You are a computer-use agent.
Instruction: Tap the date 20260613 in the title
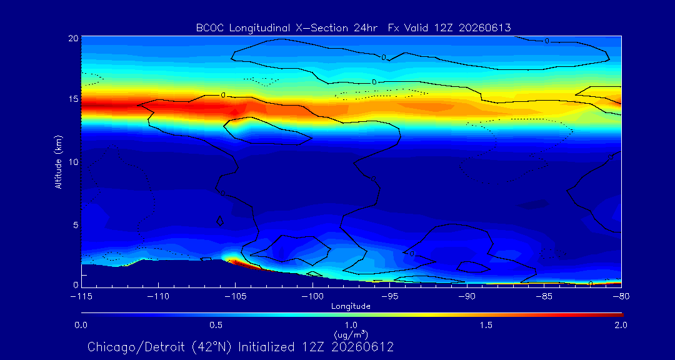coord(485,28)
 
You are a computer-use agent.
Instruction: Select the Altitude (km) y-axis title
coord(59,162)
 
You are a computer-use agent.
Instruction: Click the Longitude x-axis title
coord(351,306)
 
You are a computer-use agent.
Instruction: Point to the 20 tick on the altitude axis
coord(73,38)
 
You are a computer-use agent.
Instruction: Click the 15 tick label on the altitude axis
coord(73,99)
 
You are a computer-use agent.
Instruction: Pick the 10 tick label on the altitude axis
coord(73,162)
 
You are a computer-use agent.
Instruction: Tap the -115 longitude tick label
coord(81,297)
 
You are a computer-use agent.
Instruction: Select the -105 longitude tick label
coord(235,297)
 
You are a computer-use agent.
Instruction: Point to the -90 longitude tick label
coord(467,297)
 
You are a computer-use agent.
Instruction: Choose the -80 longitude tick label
coord(621,297)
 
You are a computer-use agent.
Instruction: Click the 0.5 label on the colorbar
coord(216,325)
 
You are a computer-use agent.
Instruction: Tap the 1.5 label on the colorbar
coord(486,325)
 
